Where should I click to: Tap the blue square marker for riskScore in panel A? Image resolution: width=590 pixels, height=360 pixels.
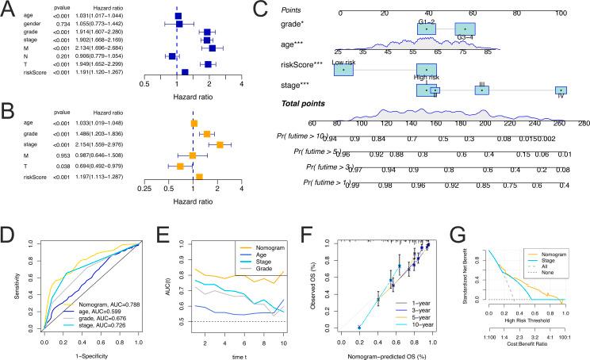pyautogui.click(x=185, y=71)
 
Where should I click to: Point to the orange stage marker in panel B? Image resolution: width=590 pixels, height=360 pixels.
pyautogui.click(x=220, y=144)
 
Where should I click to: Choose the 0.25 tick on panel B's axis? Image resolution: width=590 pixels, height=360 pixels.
pyautogui.click(x=144, y=190)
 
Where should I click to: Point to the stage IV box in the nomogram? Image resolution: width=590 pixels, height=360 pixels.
pyautogui.click(x=561, y=90)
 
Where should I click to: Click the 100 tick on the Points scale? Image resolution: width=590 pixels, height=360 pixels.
pyautogui.click(x=561, y=13)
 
